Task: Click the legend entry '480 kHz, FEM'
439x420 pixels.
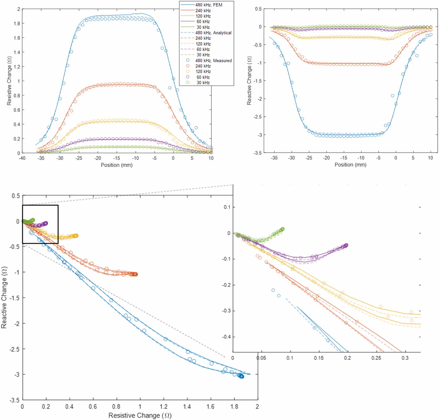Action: [209, 5]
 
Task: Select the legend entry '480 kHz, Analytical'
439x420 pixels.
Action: [213, 33]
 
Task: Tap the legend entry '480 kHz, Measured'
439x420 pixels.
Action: [213, 60]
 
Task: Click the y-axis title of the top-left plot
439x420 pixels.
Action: [9, 81]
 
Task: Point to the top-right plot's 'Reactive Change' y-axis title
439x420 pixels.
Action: [249, 80]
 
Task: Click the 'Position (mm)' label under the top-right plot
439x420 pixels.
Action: [350, 165]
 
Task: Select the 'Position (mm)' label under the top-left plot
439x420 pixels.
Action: [116, 165]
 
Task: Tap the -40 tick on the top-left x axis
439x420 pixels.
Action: [22, 158]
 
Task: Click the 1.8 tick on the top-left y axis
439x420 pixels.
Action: [17, 23]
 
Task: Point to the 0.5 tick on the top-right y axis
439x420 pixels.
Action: [258, 9]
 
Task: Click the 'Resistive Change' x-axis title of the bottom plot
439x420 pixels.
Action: [140, 415]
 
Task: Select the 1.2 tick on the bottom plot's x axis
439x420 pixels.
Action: [164, 406]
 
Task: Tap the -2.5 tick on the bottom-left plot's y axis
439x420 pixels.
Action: [14, 349]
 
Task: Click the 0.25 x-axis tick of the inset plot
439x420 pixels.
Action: [376, 358]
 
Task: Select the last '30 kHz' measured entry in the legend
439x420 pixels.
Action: [203, 82]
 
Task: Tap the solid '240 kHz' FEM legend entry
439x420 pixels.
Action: [203, 11]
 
